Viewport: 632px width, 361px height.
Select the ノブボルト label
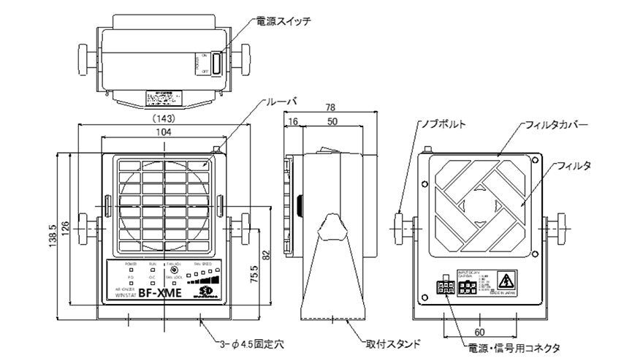[x=443, y=124]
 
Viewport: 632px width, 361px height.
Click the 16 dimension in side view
[x=292, y=121]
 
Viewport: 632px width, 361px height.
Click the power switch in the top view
[x=217, y=62]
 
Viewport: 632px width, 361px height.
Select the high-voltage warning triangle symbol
[x=506, y=280]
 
